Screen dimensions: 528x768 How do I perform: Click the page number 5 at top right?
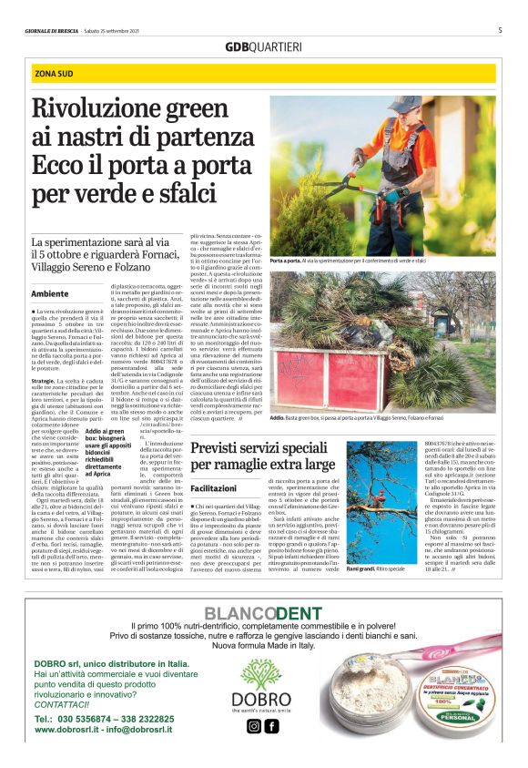(x=500, y=30)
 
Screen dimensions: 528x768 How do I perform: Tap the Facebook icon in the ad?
(x=270, y=726)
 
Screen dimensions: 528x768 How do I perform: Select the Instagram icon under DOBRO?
(x=254, y=726)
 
